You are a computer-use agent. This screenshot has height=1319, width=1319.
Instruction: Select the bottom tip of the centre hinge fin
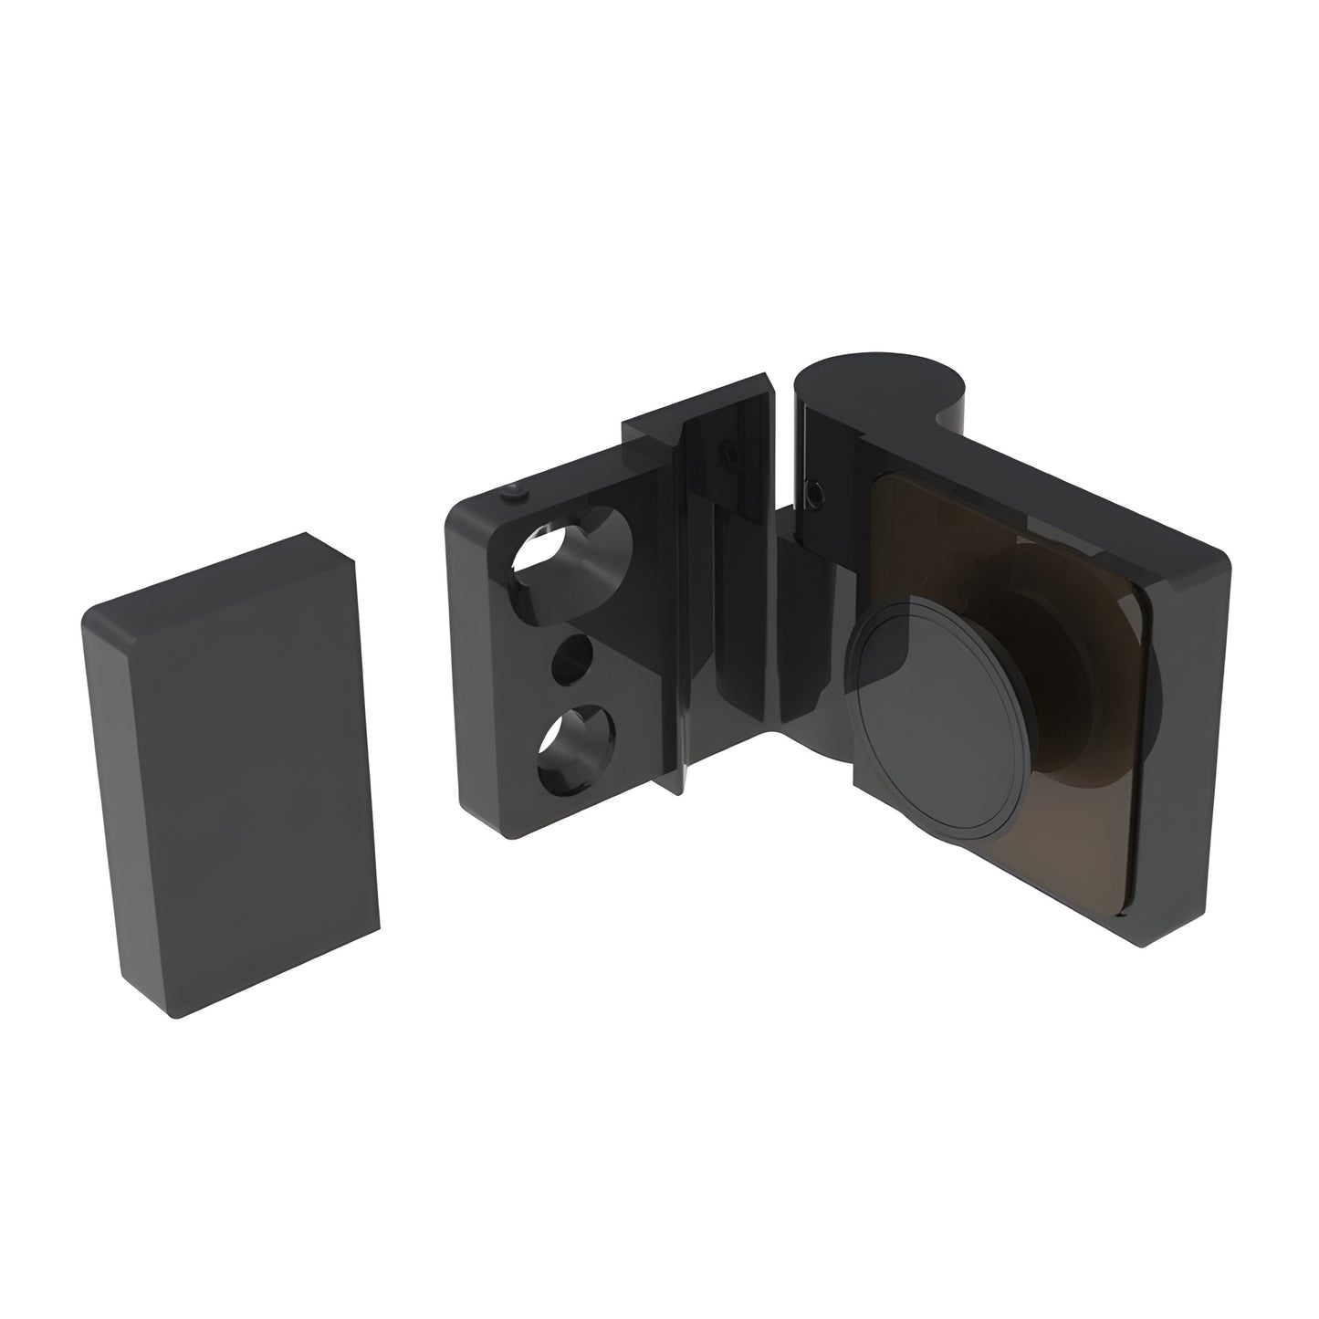click(x=682, y=790)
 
